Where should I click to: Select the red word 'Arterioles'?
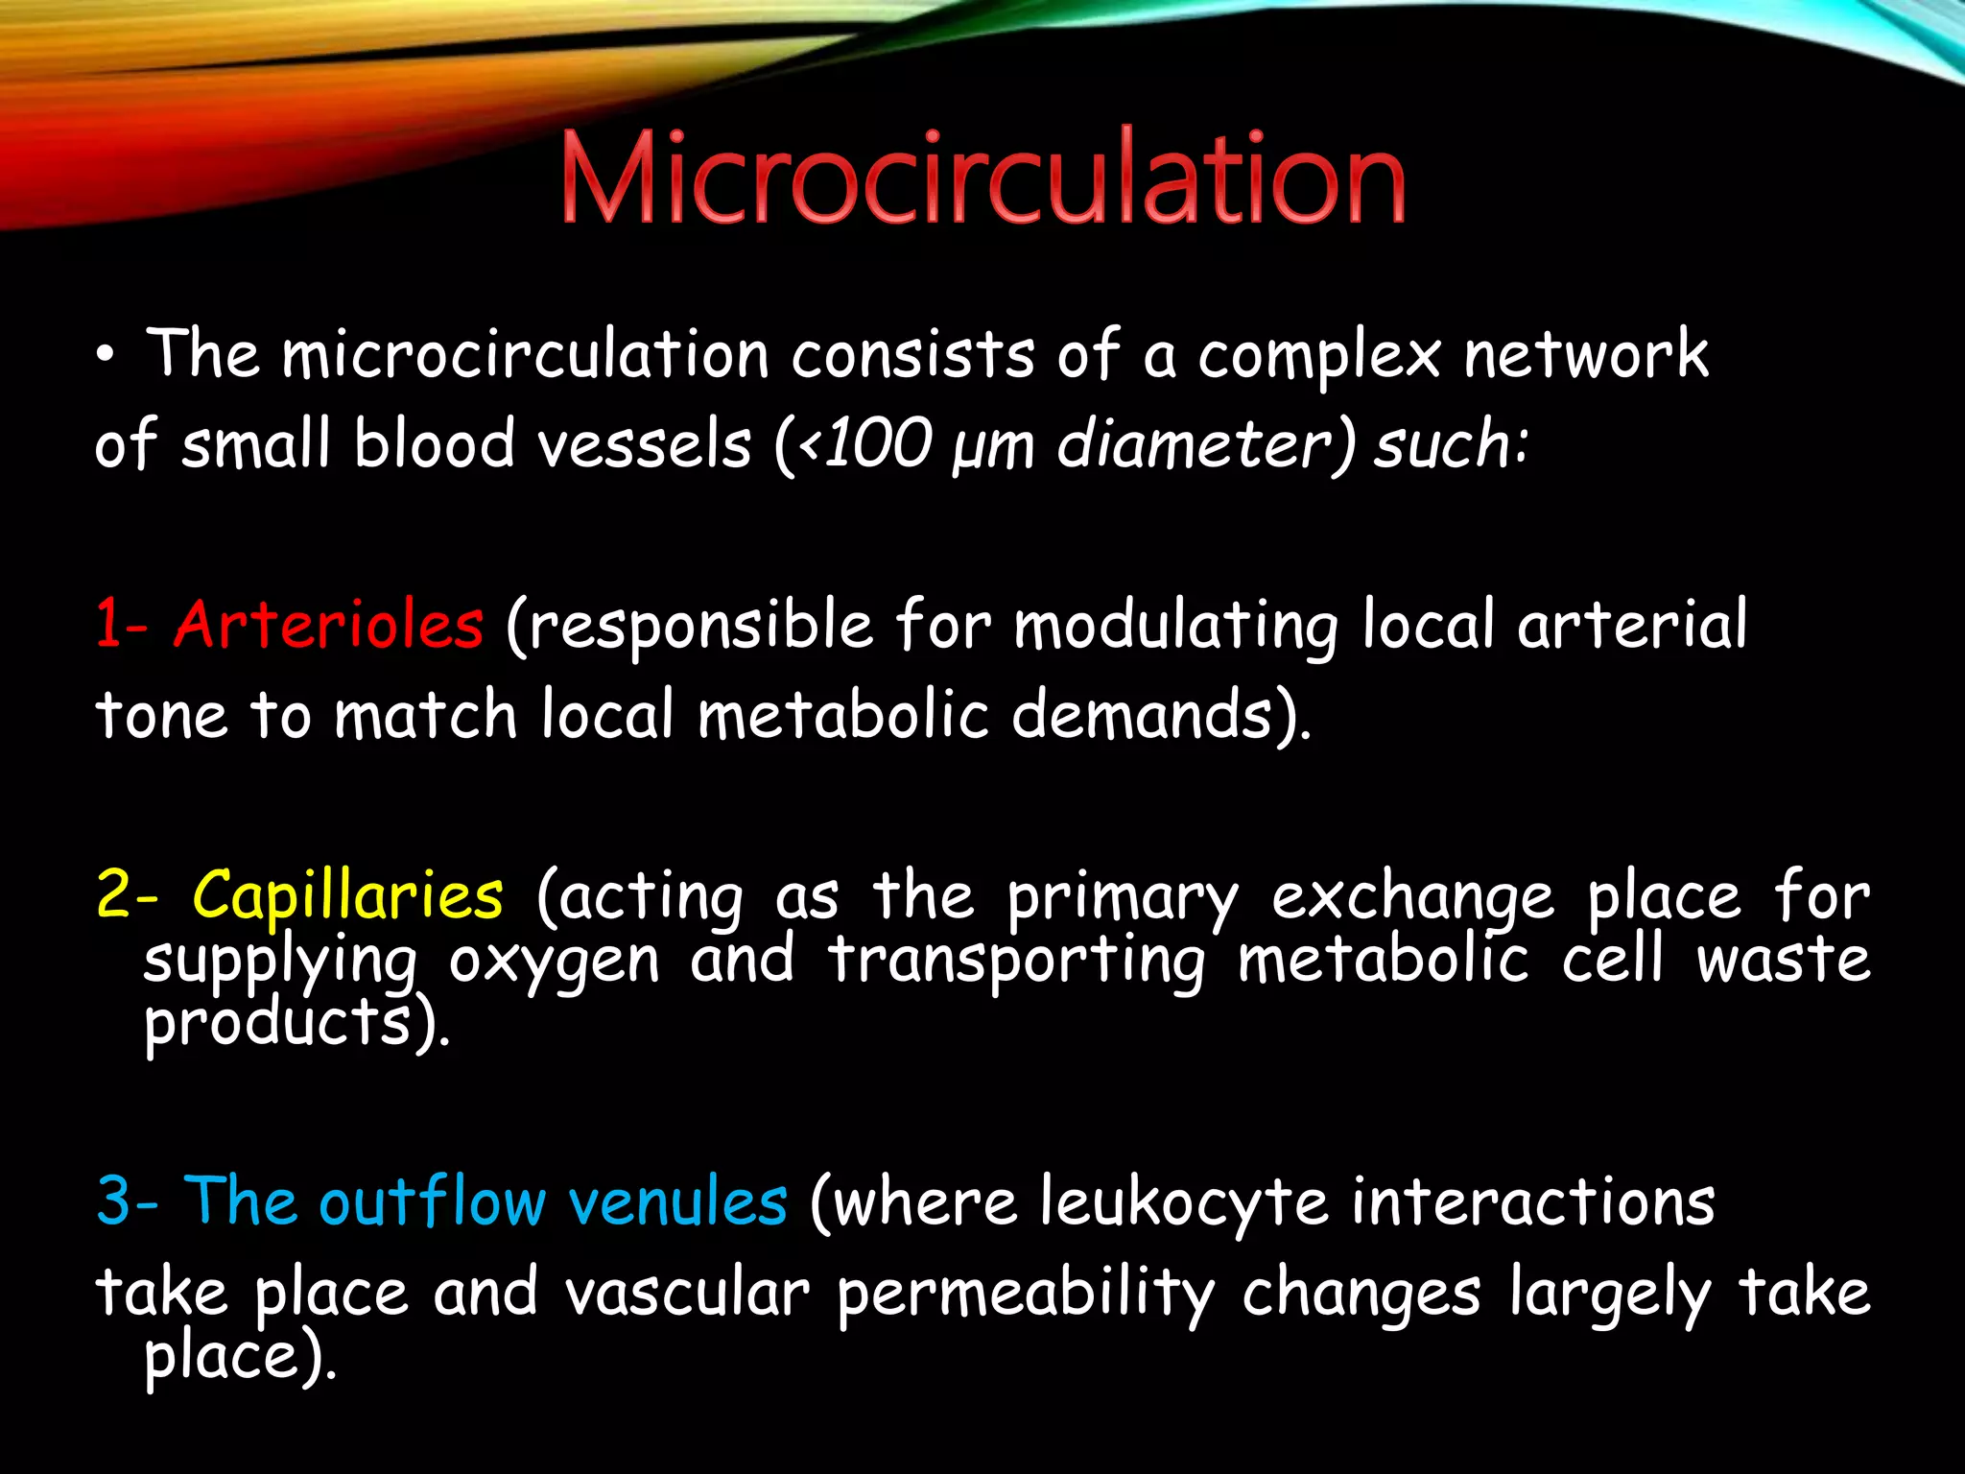coord(328,625)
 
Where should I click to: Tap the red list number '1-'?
coord(122,625)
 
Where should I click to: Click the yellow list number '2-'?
coord(127,895)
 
